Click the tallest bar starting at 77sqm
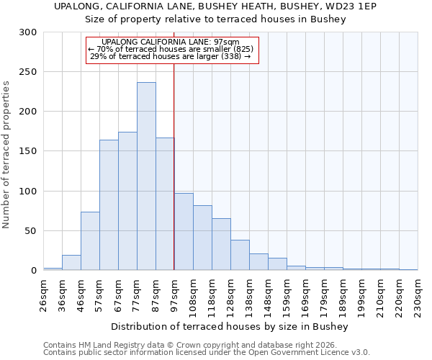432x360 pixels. (x=146, y=176)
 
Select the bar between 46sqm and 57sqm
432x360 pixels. (x=90, y=241)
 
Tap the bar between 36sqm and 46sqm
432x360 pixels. (x=71, y=263)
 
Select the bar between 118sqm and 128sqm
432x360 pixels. (x=221, y=244)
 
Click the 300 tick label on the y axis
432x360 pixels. (x=28, y=32)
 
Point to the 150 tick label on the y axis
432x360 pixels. (x=28, y=151)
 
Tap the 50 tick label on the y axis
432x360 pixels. (x=31, y=231)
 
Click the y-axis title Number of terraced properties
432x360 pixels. (x=6, y=154)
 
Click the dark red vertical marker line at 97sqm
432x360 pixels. (x=174, y=166)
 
